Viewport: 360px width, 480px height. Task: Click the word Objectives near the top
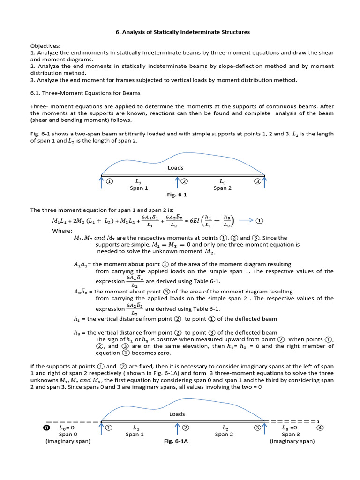(x=45, y=46)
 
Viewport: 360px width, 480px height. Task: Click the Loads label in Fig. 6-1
(x=175, y=168)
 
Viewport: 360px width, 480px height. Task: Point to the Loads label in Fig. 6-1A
(x=177, y=414)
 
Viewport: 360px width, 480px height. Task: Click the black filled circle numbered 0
(x=46, y=428)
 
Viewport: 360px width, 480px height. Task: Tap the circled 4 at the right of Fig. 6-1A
(x=320, y=427)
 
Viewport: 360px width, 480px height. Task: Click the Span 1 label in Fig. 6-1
(x=139, y=188)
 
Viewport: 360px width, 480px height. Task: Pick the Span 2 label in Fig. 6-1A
(x=224, y=435)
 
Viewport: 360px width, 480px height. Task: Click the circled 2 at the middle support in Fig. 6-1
(x=184, y=181)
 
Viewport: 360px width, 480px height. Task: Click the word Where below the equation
(x=62, y=231)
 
